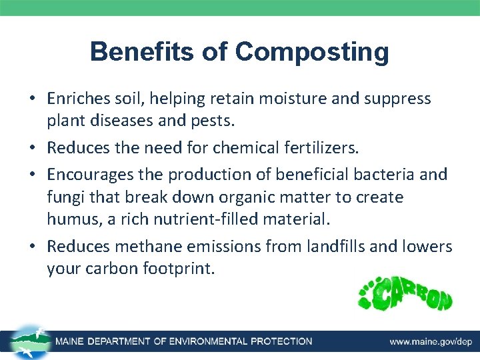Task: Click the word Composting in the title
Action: (x=312, y=52)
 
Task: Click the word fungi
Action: (x=63, y=197)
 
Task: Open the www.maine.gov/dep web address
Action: (x=431, y=341)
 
